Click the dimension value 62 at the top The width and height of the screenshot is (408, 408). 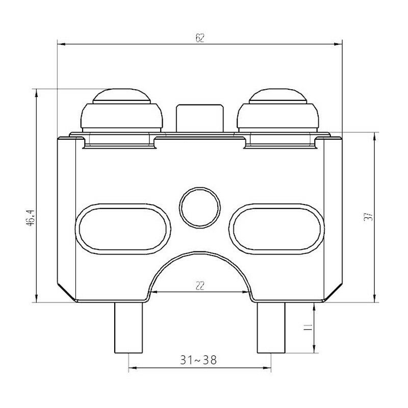tap(200, 38)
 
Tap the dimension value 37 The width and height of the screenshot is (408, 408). tap(368, 217)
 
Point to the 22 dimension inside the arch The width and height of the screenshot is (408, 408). tap(200, 286)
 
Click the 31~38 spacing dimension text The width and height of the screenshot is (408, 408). tap(198, 360)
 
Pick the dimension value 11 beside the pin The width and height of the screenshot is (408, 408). tap(308, 327)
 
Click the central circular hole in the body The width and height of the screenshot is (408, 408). tap(200, 208)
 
